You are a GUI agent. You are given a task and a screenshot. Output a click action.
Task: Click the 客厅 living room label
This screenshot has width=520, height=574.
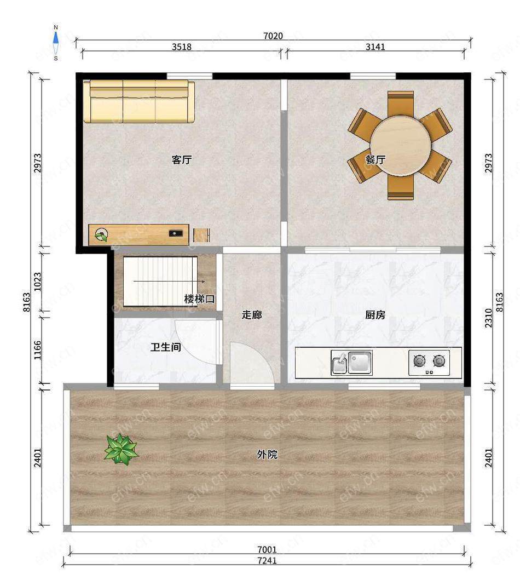coord(182,159)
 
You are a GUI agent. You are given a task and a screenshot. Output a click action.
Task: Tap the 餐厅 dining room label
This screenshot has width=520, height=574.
coord(375,159)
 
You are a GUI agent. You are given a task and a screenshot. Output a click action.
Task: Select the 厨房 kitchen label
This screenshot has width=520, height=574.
coord(375,315)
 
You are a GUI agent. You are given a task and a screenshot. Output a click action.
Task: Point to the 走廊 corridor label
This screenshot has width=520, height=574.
coord(252,315)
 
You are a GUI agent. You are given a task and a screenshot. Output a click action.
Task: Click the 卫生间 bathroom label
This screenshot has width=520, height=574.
coord(166,347)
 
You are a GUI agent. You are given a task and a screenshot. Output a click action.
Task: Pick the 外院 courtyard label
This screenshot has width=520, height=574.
coord(267,454)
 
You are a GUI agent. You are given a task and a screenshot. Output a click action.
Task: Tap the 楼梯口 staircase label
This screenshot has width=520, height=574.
coord(199,299)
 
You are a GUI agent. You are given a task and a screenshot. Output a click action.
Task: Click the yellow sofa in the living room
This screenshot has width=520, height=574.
coord(139,101)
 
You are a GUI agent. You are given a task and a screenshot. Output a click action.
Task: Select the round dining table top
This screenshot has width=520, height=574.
coord(400,146)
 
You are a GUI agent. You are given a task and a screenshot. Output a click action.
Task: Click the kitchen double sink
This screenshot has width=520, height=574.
coord(351,363)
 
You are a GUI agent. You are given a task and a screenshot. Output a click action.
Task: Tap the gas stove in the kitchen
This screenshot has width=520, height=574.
coord(429,363)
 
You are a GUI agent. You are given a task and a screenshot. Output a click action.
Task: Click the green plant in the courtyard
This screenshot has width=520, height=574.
coord(121,449)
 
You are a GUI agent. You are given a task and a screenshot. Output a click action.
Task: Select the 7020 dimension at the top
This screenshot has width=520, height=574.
coord(273,36)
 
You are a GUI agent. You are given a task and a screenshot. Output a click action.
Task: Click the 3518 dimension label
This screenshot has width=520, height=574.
coord(182,47)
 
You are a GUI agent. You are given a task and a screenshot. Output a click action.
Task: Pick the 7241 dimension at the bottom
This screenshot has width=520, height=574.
coord(267,560)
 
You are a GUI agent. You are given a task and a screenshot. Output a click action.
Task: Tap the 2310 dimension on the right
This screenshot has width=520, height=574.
coord(489,318)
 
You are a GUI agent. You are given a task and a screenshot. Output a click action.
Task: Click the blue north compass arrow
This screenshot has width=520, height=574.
coord(56,38)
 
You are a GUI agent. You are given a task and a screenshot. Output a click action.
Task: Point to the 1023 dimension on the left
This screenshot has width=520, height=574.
coord(38,282)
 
